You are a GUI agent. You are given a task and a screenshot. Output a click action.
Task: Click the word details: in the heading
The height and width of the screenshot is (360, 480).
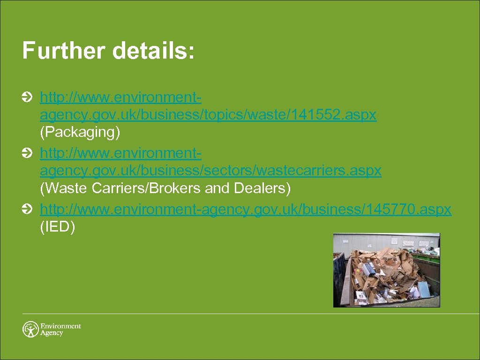pos(153,51)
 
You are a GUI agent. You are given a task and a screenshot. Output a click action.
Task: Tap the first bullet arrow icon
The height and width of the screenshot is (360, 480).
pos(27,97)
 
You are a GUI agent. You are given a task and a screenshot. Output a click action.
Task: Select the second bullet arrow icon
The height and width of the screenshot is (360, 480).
pos(27,153)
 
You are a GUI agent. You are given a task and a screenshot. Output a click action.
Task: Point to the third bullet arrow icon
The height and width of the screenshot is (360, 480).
pos(27,209)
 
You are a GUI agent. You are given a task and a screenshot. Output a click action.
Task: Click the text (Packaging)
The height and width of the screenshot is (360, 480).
pos(80,133)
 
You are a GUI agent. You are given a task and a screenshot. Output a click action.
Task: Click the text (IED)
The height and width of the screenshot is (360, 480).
pos(58,227)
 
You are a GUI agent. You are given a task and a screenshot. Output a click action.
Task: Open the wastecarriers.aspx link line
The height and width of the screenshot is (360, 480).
pos(210,171)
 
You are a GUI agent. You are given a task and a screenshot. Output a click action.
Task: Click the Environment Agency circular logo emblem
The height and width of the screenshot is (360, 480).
pos(30,329)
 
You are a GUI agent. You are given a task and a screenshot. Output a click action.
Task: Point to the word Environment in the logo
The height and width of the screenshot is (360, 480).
pos(60,326)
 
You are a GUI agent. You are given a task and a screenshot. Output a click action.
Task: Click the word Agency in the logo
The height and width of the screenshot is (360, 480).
pos(52,333)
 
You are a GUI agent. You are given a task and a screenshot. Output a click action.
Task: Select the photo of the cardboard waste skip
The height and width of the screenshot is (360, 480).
pos(386,270)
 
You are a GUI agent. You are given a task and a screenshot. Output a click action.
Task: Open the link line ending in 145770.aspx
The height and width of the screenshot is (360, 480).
pos(246,209)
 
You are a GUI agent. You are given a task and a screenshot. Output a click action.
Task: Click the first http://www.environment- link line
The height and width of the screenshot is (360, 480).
pos(121,97)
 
